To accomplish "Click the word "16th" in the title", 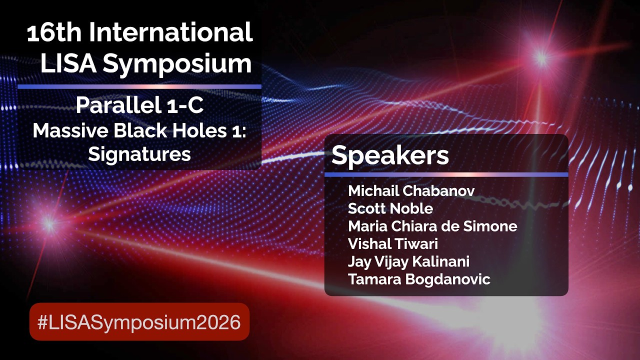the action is point(54,32).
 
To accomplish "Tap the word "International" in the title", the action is point(171,32).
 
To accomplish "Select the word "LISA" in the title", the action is point(68,63).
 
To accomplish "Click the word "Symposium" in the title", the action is point(177,65).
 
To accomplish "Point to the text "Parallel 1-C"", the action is point(139,105).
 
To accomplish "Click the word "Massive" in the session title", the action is point(70,130).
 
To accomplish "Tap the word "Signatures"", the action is point(139,155).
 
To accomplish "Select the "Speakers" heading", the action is point(390,155).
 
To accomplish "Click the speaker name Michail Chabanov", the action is point(411,191).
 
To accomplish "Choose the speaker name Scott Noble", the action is point(390,208).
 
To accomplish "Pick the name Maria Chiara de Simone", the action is point(432,226).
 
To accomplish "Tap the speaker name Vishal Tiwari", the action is point(393,243).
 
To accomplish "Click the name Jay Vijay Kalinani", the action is point(408,262).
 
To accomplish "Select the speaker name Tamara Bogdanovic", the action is point(419,279).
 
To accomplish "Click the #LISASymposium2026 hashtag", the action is point(139,322).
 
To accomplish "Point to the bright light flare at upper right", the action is point(541,58).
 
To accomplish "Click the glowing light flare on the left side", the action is point(49,224).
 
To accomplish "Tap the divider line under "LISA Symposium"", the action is point(139,86).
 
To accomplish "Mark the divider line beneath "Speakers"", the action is point(446,174).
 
